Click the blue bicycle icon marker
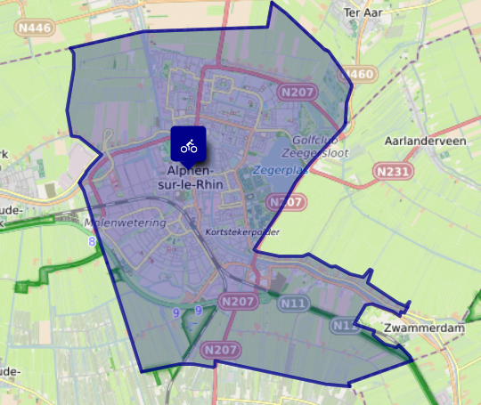click(189, 145)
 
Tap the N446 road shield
click(34, 28)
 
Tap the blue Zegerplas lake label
click(280, 168)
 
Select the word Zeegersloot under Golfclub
click(322, 153)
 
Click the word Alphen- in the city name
click(189, 171)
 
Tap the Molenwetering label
click(125, 223)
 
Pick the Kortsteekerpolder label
click(242, 232)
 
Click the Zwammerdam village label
click(416, 328)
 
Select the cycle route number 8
click(91, 241)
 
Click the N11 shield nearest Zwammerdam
click(345, 327)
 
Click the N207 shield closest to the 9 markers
click(238, 303)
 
